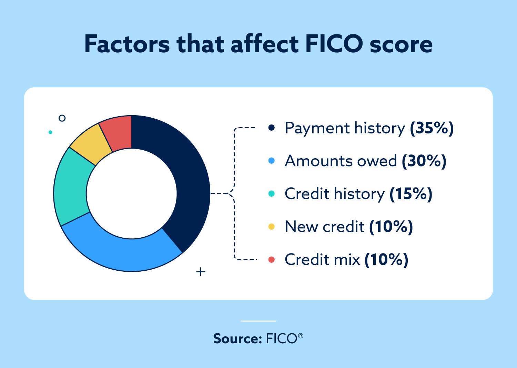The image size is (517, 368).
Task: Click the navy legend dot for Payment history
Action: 272,128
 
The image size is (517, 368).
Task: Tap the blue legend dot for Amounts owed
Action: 272,161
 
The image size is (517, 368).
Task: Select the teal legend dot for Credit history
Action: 272,194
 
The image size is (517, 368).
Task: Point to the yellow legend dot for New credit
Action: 272,227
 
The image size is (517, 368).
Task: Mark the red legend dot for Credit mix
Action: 272,260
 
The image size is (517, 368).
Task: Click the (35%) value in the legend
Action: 432,128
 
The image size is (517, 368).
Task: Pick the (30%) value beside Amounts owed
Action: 424,161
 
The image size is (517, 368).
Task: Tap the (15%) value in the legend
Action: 411,194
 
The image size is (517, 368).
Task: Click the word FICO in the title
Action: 334,44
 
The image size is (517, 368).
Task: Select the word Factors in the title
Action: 127,44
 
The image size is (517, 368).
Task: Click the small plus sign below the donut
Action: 201,272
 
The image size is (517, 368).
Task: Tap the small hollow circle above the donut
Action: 62,118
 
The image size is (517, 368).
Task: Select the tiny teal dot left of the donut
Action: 50,132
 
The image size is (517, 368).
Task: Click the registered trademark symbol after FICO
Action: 301,335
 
